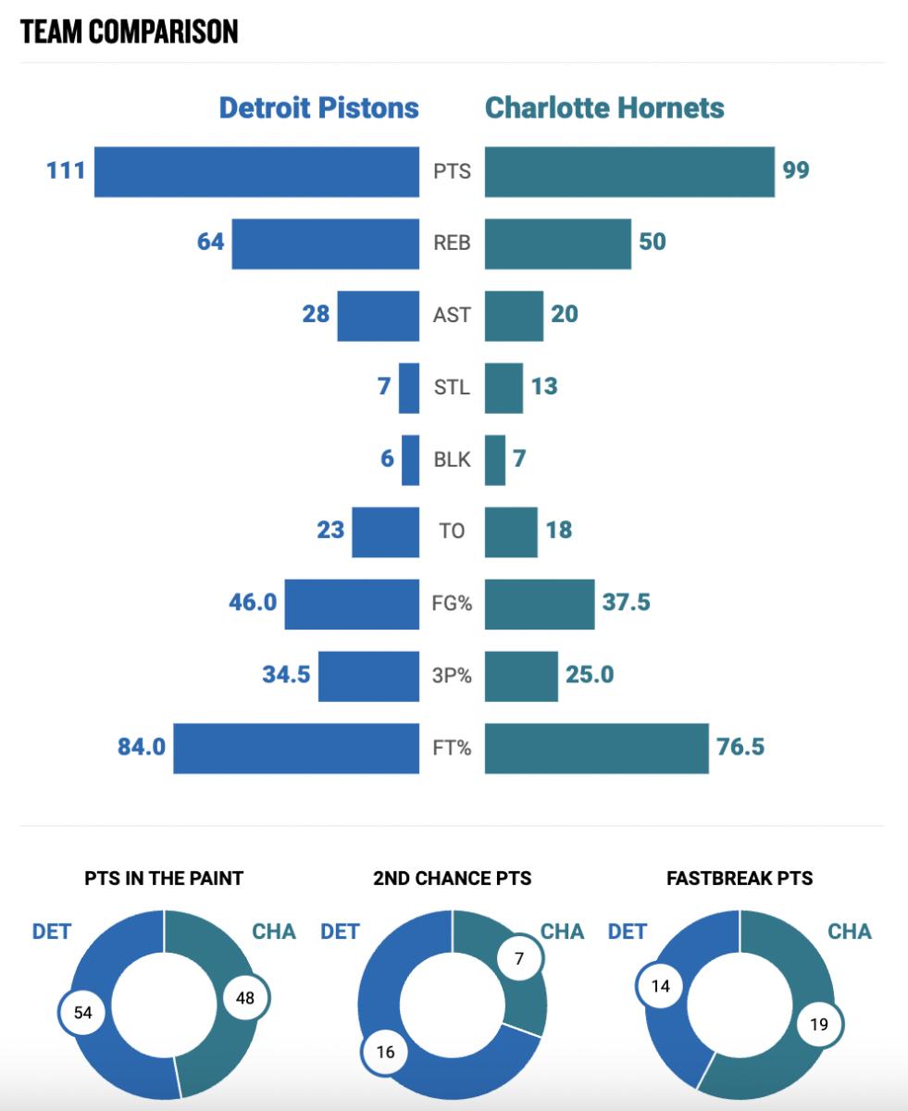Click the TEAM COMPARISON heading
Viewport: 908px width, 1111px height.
pyautogui.click(x=129, y=31)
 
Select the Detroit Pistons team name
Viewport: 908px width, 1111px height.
pyautogui.click(x=318, y=107)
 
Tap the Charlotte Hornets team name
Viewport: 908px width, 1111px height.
pyautogui.click(x=604, y=107)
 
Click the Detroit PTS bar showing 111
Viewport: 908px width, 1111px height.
pyautogui.click(x=256, y=171)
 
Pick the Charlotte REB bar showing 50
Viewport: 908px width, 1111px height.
pyautogui.click(x=557, y=243)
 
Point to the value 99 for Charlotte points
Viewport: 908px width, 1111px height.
pyautogui.click(x=796, y=171)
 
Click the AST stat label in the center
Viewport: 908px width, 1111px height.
pyautogui.click(x=452, y=316)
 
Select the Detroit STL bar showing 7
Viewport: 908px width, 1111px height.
pyautogui.click(x=409, y=388)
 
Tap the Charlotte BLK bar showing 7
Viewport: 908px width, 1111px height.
pyautogui.click(x=495, y=460)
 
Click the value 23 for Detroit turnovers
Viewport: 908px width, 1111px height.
pyautogui.click(x=330, y=531)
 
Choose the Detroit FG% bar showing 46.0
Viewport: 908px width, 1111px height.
pyautogui.click(x=352, y=605)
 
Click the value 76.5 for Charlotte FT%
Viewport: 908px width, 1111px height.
pyautogui.click(x=740, y=747)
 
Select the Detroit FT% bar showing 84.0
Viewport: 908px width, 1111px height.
pyautogui.click(x=296, y=749)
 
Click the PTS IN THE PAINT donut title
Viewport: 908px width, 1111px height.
pyautogui.click(x=164, y=878)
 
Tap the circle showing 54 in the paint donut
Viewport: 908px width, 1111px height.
pyautogui.click(x=83, y=1013)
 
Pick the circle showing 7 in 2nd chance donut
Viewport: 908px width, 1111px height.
pyautogui.click(x=519, y=960)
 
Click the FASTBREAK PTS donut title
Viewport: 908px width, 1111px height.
pyautogui.click(x=740, y=878)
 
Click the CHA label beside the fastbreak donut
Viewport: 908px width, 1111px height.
pyautogui.click(x=849, y=930)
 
